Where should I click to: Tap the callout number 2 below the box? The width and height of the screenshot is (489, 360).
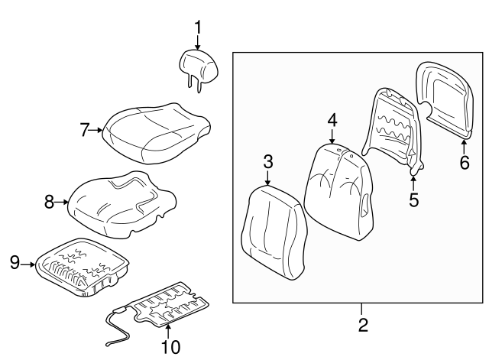363,326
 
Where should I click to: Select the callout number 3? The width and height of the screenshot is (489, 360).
268,161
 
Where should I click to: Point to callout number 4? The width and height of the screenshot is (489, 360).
332,120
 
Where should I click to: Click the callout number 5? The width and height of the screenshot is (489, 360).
413,199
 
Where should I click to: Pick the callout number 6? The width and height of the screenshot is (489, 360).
464,162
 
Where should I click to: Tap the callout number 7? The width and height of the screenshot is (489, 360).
85,130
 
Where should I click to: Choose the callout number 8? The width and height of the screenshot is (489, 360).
49,202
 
